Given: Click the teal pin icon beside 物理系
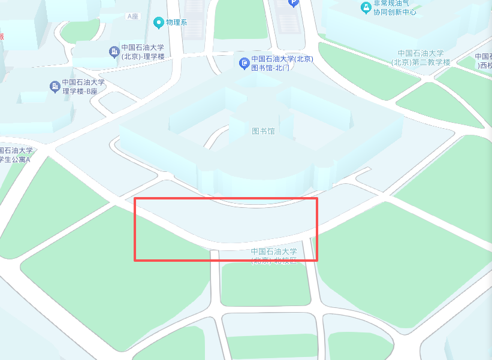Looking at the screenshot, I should click(x=159, y=23).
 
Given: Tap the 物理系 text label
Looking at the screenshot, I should click(x=177, y=23).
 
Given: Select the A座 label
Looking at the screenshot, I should click(x=132, y=16).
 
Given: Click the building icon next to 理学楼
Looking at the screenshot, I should click(x=114, y=52).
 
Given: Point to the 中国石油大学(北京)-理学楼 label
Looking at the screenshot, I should click(x=143, y=52).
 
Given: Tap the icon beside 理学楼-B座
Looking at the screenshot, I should click(x=55, y=87).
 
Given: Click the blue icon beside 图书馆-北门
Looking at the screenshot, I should click(x=244, y=63).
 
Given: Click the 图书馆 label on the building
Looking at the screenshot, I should click(x=263, y=131).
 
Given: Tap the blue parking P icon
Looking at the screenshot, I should click(x=293, y=2).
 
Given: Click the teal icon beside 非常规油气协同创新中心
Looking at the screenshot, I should click(x=366, y=7).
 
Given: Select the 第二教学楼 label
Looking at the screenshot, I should click(x=421, y=58).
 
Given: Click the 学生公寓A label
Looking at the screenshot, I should click(x=16, y=155).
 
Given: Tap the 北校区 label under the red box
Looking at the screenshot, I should click(x=274, y=256).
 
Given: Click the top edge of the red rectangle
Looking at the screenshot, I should click(x=225, y=198).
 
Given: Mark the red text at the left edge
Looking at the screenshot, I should click(x=2, y=37).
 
